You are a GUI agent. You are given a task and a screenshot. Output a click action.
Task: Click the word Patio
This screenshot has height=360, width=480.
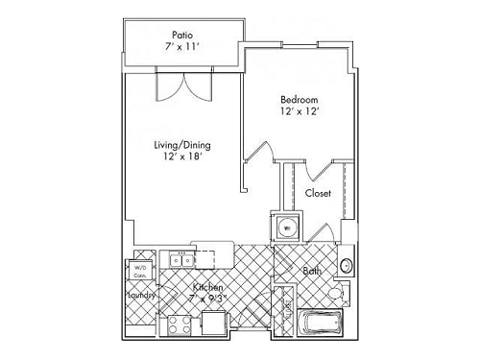pos(180,32)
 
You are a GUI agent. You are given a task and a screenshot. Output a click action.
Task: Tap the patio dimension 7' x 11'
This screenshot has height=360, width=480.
pos(180,45)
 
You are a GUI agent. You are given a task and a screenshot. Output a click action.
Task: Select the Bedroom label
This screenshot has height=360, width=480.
pos(299,99)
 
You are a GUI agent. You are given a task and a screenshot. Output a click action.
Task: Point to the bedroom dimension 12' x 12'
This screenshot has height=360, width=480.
pos(299,112)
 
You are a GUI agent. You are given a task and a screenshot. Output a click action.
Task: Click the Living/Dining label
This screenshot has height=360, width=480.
pos(181,146)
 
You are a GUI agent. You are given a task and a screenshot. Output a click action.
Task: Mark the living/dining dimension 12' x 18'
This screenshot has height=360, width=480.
pos(181,159)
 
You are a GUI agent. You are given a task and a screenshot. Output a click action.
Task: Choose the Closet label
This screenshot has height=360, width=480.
pos(318,193)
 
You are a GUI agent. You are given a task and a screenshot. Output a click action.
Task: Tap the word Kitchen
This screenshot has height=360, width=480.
pos(207,288)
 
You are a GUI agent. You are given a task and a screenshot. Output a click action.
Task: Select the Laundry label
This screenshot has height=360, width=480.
pos(140,296)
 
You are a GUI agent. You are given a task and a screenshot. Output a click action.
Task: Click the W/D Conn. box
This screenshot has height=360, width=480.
pos(140,271)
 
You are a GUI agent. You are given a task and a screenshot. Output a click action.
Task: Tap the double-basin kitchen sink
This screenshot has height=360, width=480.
pos(180,259)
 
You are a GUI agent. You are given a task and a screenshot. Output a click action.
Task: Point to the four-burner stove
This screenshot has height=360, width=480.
pos(180,327)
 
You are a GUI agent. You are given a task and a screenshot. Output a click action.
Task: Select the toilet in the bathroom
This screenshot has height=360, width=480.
pos(335,294)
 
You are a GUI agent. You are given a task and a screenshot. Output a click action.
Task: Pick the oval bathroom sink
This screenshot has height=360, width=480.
pos(348,264)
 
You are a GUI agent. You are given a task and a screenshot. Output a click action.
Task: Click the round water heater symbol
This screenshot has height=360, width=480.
pos(286,228)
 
